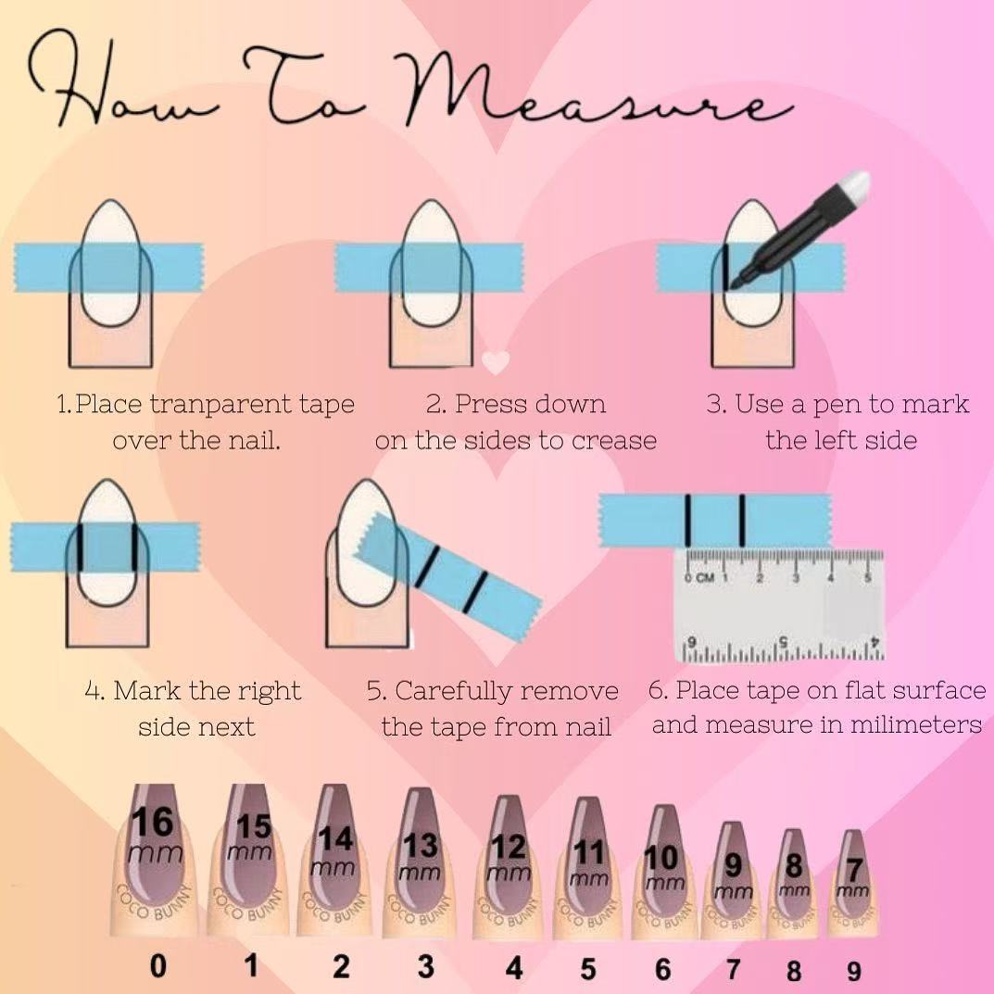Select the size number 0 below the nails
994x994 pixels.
157,967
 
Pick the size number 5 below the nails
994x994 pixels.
588,969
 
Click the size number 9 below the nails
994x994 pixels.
854,971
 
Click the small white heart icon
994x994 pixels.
496,362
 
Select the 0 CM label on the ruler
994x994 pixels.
699,577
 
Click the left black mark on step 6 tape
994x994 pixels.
687,521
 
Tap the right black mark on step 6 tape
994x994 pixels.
742,521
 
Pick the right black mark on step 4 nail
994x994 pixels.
134,547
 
